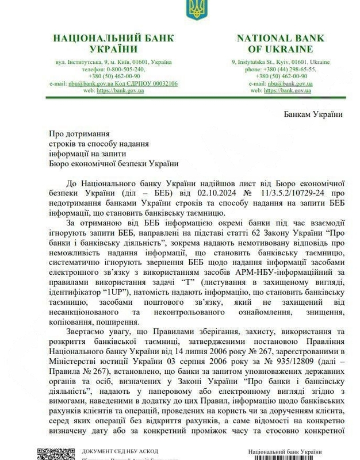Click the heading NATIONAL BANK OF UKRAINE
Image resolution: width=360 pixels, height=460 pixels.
281,44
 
